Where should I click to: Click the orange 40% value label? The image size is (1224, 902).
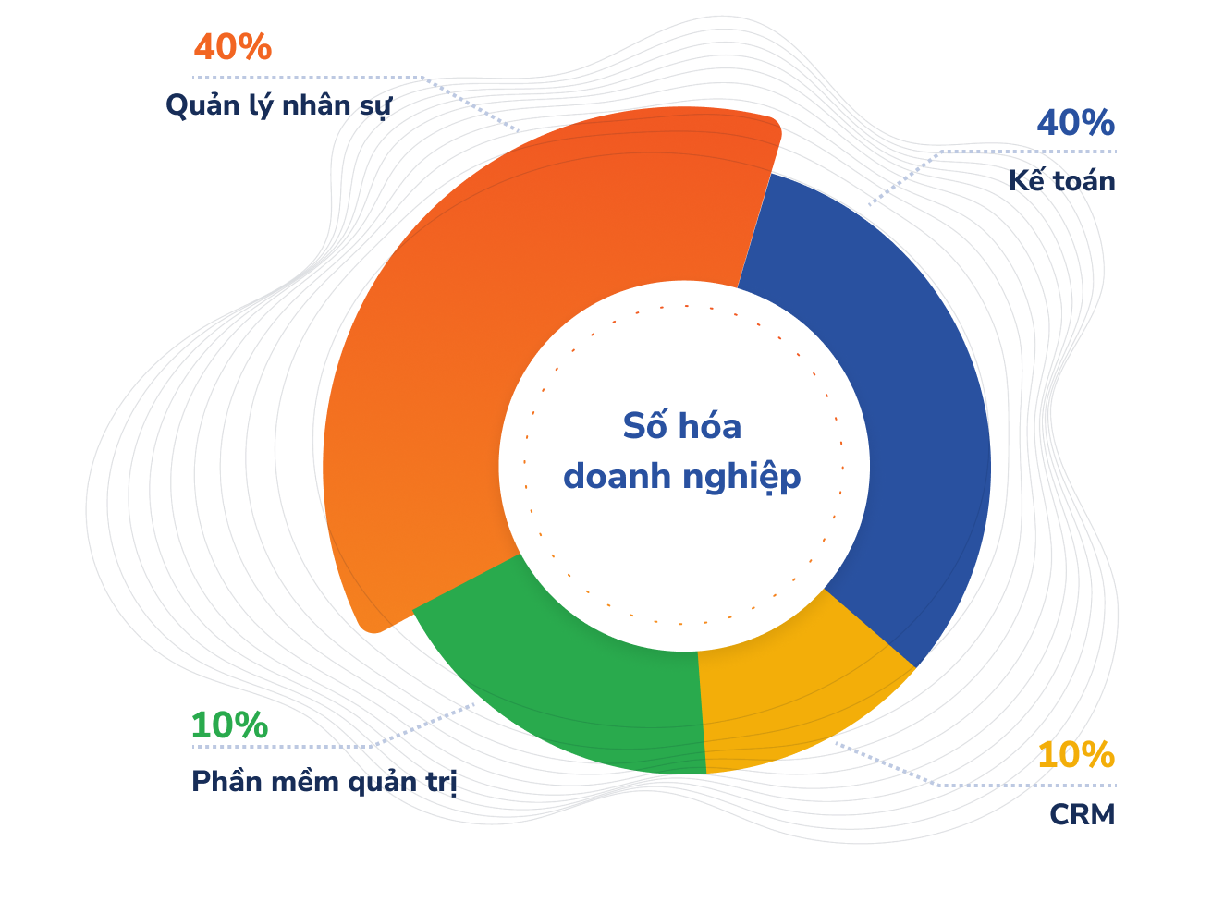[232, 47]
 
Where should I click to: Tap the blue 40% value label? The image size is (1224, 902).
[1075, 123]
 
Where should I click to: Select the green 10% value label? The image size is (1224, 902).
[229, 725]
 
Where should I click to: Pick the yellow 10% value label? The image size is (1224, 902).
[1075, 755]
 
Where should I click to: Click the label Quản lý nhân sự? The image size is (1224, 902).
[278, 105]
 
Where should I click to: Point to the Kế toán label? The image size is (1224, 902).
[1061, 180]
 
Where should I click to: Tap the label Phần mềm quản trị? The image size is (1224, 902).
[324, 782]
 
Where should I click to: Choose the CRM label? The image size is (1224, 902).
[1082, 814]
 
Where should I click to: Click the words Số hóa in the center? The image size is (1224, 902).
[682, 426]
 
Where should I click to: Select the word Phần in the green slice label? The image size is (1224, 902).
[226, 782]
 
